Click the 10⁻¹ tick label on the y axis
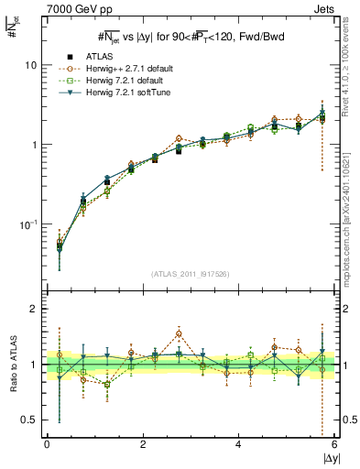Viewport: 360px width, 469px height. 28,224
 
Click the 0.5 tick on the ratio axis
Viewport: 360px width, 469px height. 30,420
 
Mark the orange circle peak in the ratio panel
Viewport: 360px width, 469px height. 180,334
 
